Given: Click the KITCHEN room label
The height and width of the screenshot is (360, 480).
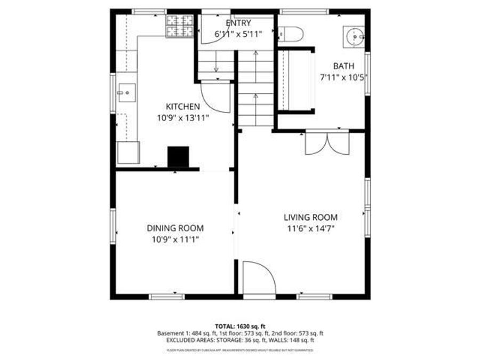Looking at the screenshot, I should (182, 107).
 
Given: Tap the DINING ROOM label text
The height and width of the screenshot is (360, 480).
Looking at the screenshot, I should (175, 228).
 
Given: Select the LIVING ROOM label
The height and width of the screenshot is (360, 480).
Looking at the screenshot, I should (310, 217).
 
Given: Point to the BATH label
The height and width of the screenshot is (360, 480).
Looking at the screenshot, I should (343, 66).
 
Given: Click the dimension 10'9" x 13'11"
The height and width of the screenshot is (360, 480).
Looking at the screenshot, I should (182, 118).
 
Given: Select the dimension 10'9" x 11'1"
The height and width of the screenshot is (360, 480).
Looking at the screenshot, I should (175, 239).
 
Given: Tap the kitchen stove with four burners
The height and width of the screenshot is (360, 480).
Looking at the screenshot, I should (180, 26).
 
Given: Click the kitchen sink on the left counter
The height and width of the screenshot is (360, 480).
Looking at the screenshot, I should (127, 94).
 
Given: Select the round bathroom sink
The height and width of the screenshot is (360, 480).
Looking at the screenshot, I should (354, 36).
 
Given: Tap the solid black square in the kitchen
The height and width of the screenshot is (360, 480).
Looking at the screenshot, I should (178, 156).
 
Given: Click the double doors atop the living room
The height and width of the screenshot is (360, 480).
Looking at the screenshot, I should (326, 142).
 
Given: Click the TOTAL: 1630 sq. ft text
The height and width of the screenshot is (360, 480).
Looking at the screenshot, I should (240, 325).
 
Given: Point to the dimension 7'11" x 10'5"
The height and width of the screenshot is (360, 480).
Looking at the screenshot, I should (343, 77).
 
